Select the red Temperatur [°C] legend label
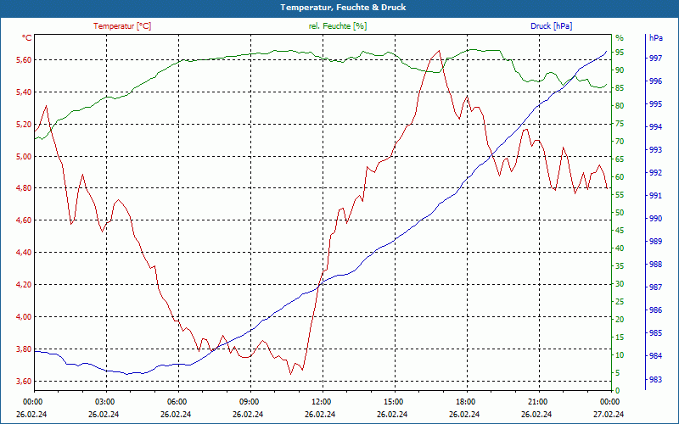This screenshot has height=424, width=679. pyautogui.click(x=122, y=26)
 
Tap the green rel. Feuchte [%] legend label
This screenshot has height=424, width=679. pyautogui.click(x=338, y=26)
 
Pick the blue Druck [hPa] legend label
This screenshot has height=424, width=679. pyautogui.click(x=551, y=26)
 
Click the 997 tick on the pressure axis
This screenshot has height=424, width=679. pyautogui.click(x=655, y=59)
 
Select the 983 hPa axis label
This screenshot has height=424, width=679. pyautogui.click(x=655, y=379)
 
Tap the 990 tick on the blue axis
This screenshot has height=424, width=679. pyautogui.click(x=655, y=219)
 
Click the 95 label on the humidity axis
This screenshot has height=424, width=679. pyautogui.click(x=620, y=53)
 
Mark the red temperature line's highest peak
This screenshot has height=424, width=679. pyautogui.click(x=439, y=50)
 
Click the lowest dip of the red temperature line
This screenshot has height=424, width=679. pyautogui.click(x=290, y=374)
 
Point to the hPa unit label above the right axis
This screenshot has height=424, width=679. pyautogui.click(x=655, y=38)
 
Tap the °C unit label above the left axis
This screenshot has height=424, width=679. pyautogui.click(x=27, y=38)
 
